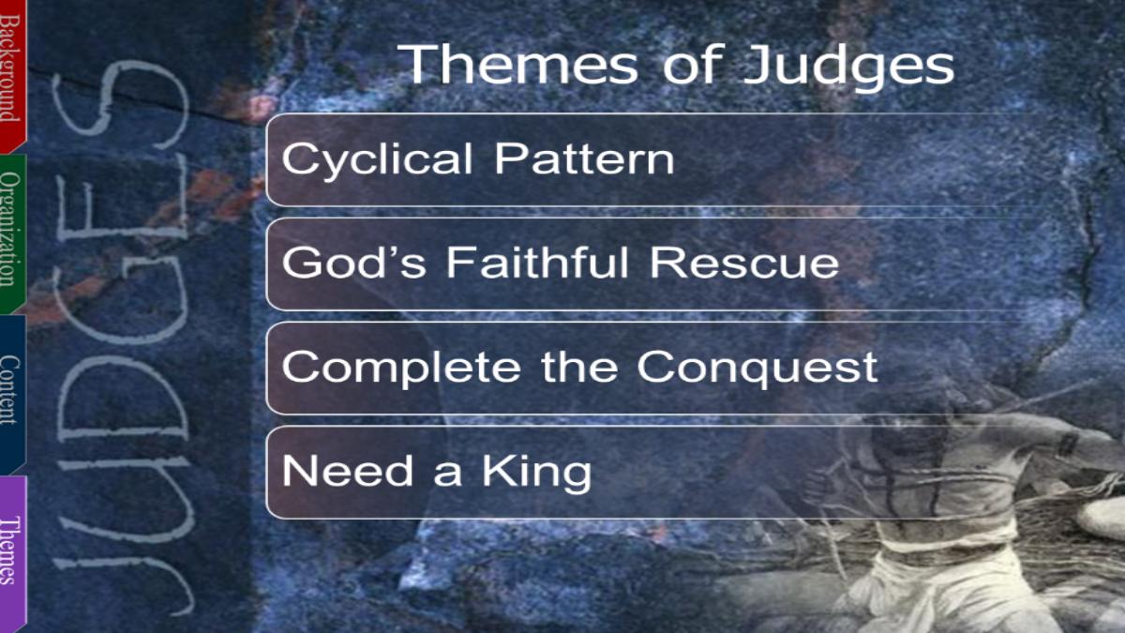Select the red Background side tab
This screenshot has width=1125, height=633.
(x=12, y=75)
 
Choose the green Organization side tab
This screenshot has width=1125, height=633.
(x=12, y=234)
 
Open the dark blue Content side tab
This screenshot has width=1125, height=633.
(x=12, y=394)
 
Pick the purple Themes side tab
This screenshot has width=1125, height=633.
(x=12, y=553)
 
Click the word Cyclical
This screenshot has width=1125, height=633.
(x=377, y=160)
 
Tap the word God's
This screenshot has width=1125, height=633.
(x=354, y=262)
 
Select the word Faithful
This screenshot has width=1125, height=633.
(x=537, y=262)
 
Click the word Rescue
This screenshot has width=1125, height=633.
(x=744, y=263)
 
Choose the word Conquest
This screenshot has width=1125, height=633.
(x=757, y=369)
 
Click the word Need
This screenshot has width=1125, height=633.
(x=348, y=470)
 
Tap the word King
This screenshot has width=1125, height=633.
(x=537, y=474)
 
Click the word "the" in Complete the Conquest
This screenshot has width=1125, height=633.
(x=579, y=367)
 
